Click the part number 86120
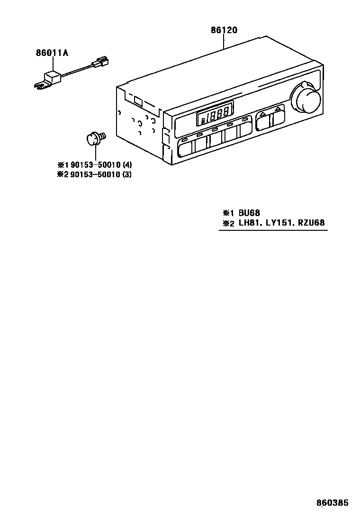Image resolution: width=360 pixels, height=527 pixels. coord(224,30)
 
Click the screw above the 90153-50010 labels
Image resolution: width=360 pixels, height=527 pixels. coord(94,138)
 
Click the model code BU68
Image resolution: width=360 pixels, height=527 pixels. coord(249,213)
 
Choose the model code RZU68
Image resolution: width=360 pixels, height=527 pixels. coord(312,224)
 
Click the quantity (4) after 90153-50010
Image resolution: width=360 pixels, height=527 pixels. coord(127,165)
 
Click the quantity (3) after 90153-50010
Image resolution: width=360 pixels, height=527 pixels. coord(127,174)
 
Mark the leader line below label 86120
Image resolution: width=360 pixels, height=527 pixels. coord(224,43)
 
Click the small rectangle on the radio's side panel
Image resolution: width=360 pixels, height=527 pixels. coord(138,100)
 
